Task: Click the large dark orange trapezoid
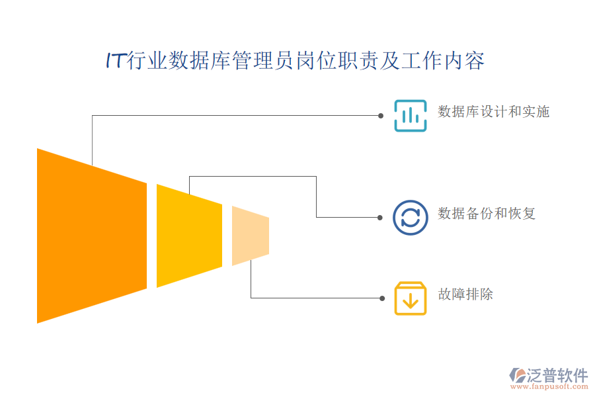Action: (x=92, y=236)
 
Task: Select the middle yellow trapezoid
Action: (x=189, y=236)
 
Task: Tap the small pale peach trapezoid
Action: (x=251, y=236)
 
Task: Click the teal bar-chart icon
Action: (x=410, y=116)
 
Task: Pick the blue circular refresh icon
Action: (x=410, y=218)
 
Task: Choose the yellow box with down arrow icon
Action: (x=410, y=298)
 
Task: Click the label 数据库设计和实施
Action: (x=494, y=112)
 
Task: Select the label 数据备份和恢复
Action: (x=487, y=214)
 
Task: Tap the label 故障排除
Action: (x=465, y=294)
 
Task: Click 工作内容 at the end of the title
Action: (x=443, y=60)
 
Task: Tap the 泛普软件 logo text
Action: (x=557, y=375)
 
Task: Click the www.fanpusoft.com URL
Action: (x=549, y=386)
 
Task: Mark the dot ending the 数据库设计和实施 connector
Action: (x=381, y=116)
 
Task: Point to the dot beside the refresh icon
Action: (x=380, y=218)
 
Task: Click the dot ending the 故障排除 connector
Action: (x=382, y=298)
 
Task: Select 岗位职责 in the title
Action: (x=337, y=60)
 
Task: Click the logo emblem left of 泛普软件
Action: (x=517, y=375)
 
